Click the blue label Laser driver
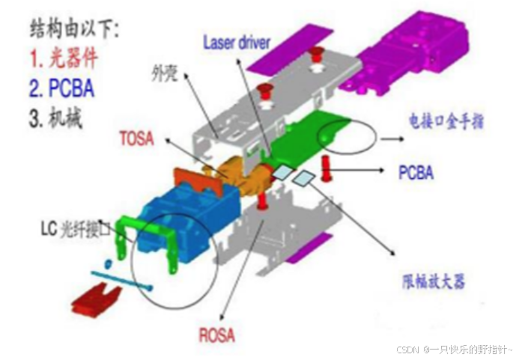(237, 42)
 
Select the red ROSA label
(217, 335)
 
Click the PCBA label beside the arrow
(417, 173)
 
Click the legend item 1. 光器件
(64, 58)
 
